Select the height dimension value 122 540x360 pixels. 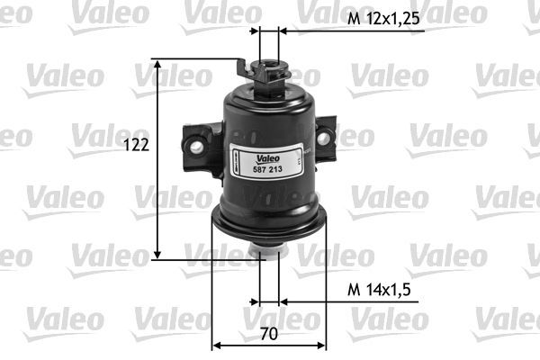(x=136, y=144)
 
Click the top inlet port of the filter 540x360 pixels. (x=268, y=67)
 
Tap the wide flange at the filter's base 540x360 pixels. (x=267, y=220)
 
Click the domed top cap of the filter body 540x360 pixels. (x=267, y=95)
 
